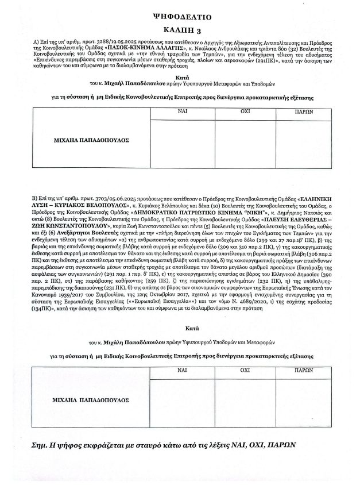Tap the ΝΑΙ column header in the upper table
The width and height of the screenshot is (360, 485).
[182, 112]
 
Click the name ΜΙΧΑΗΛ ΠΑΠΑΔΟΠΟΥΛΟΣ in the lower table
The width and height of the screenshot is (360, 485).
[92, 398]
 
